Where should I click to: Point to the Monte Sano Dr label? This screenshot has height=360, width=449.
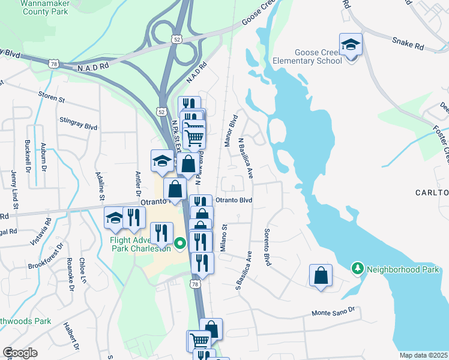click(x=333, y=312)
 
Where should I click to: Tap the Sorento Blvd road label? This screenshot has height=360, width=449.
click(x=268, y=247)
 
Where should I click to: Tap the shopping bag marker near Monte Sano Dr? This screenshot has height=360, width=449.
click(x=321, y=275)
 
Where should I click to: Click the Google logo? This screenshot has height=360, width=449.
click(x=20, y=353)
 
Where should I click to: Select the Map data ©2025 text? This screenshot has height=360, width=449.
click(x=423, y=355)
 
